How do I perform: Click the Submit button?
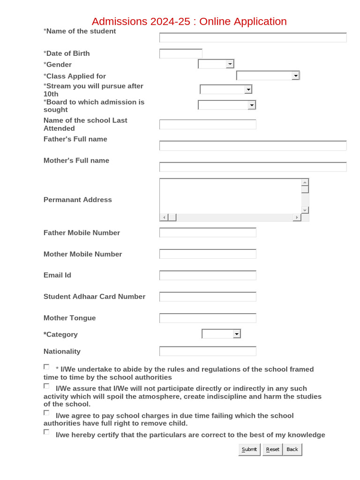(x=249, y=450)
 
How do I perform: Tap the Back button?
(x=292, y=450)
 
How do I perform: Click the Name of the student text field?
(x=253, y=38)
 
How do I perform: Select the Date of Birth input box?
(x=181, y=54)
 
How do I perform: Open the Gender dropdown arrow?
(x=230, y=64)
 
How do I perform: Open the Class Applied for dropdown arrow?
(x=295, y=76)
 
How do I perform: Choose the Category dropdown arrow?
(x=236, y=334)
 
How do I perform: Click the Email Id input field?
(x=208, y=276)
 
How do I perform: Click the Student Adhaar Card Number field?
(x=208, y=297)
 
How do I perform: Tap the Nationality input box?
(x=208, y=352)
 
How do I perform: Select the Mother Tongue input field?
(x=208, y=318)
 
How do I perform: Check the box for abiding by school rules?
(x=46, y=367)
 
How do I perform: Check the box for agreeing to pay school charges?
(x=46, y=413)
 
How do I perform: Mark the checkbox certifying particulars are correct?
(x=46, y=432)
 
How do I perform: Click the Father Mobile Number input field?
(x=208, y=233)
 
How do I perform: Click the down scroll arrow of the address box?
(x=305, y=210)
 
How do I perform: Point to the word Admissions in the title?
(x=120, y=22)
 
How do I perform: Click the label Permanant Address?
(x=78, y=200)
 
